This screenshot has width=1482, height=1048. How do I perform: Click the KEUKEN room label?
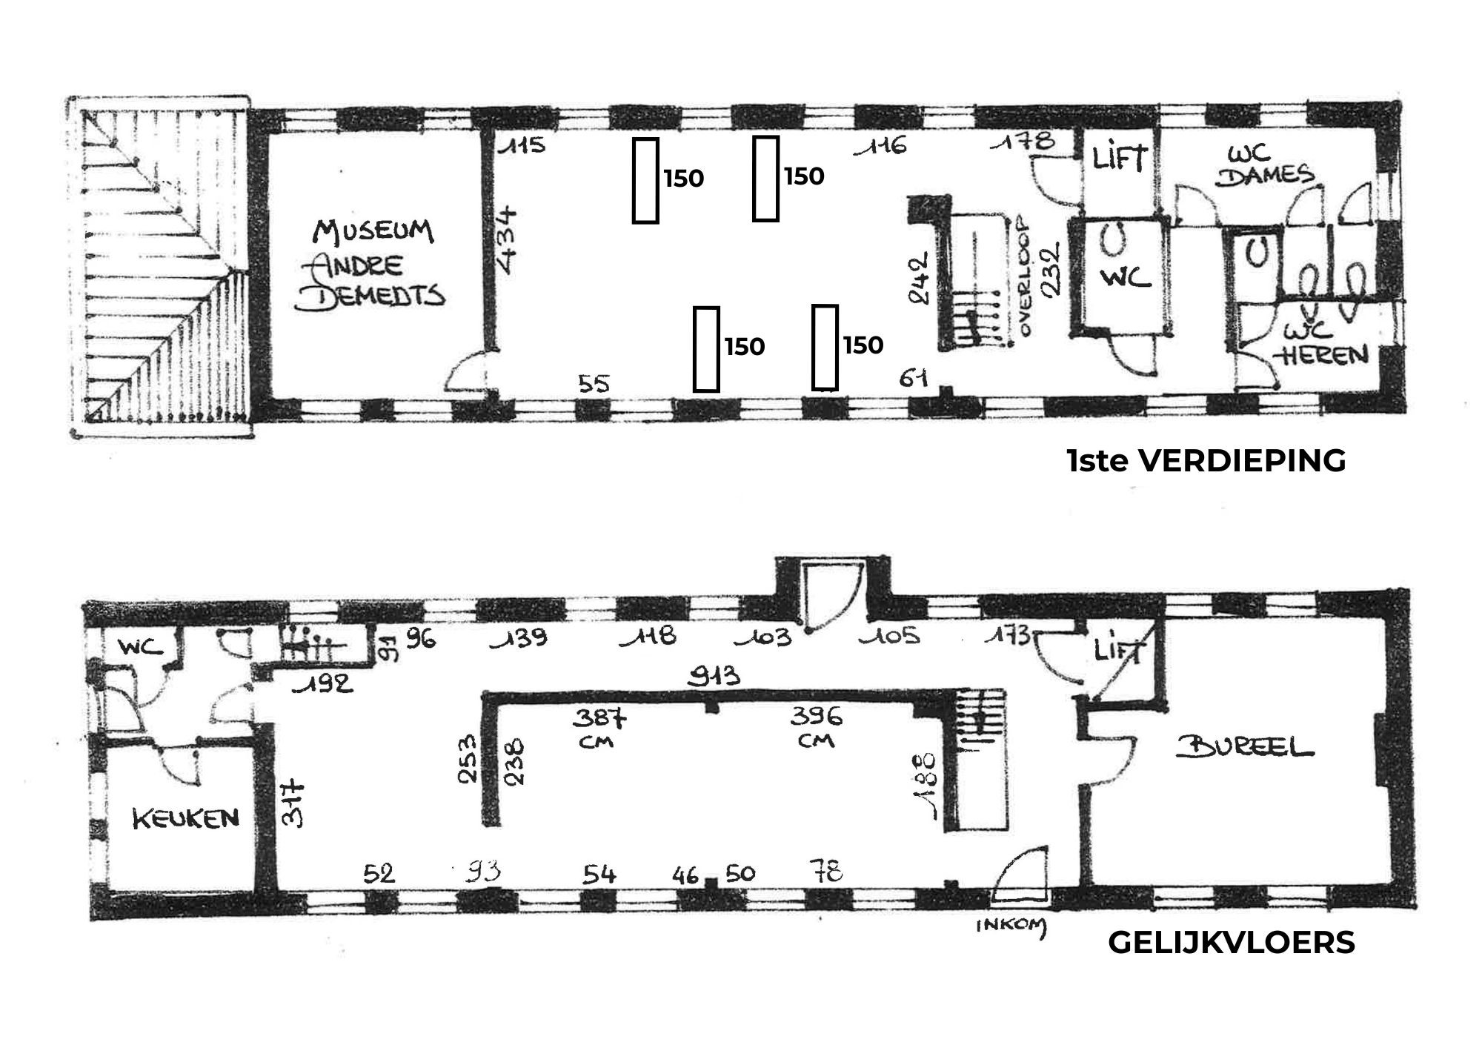[186, 818]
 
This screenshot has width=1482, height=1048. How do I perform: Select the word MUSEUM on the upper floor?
[373, 231]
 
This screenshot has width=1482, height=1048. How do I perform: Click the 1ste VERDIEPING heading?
[1206, 461]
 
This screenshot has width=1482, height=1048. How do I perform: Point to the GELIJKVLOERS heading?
[1231, 943]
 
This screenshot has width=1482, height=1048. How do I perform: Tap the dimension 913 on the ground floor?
[714, 676]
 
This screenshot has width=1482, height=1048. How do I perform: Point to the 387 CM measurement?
[599, 727]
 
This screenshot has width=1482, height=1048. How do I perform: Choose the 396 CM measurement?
[816, 727]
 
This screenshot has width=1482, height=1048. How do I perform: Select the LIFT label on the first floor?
[1120, 158]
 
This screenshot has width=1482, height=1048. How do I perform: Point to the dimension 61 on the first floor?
[914, 378]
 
